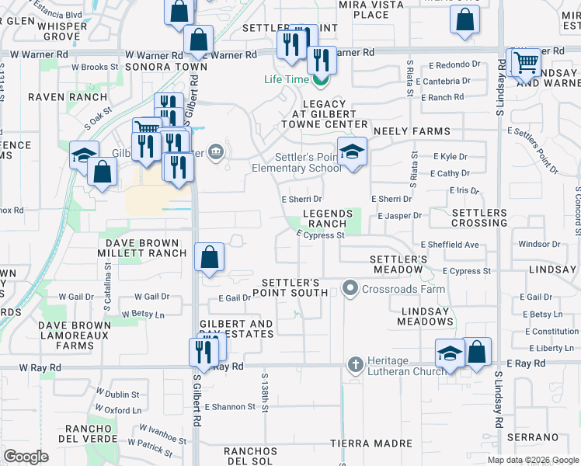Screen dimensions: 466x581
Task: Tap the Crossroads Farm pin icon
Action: pyautogui.click(x=350, y=289)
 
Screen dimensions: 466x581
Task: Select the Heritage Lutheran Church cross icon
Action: pyautogui.click(x=356, y=364)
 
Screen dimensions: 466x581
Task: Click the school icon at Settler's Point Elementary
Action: pyautogui.click(x=352, y=151)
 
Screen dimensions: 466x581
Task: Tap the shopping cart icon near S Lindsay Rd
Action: pyautogui.click(x=527, y=62)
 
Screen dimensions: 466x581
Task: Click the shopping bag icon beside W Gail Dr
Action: pyautogui.click(x=209, y=257)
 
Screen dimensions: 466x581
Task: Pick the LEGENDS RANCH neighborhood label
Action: pyautogui.click(x=327, y=218)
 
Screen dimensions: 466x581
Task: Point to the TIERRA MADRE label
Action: pyautogui.click(x=371, y=443)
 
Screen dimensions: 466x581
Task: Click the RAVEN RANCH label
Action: pyautogui.click(x=67, y=98)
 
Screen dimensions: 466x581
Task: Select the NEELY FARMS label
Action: pyautogui.click(x=412, y=132)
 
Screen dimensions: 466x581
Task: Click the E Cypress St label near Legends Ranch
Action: pyautogui.click(x=320, y=235)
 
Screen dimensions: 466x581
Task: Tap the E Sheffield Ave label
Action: pyautogui.click(x=451, y=245)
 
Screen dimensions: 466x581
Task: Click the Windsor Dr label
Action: pyautogui.click(x=539, y=244)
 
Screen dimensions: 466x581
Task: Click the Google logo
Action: pyautogui.click(x=26, y=457)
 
